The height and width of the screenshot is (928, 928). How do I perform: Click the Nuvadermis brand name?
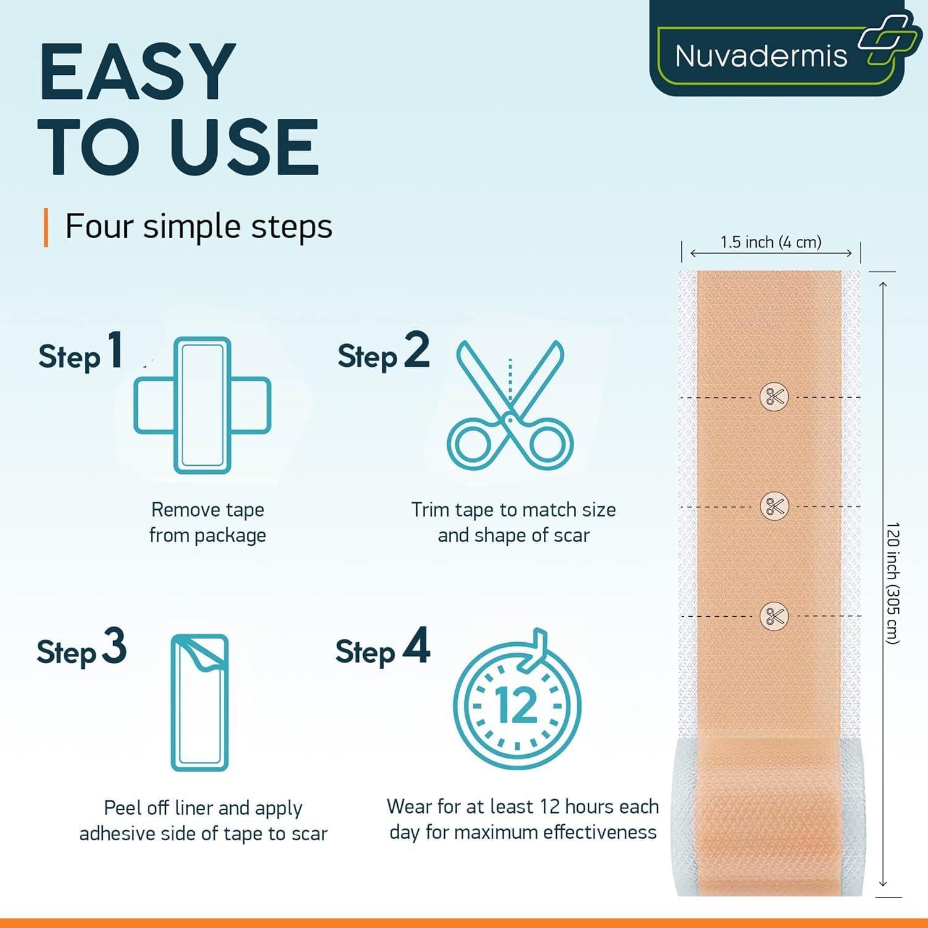[x=760, y=56]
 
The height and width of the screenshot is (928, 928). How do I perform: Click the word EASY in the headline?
[x=137, y=72]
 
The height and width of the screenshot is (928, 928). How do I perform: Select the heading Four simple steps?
[x=199, y=226]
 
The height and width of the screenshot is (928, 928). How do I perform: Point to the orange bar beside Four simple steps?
[x=46, y=227]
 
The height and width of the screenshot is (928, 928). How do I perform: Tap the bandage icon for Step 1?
[x=202, y=405]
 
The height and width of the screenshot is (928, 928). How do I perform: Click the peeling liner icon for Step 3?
[x=199, y=702]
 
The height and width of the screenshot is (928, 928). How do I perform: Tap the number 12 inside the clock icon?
[x=517, y=705]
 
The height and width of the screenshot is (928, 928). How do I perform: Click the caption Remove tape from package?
[x=208, y=522]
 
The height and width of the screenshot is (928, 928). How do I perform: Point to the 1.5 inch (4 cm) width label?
[x=771, y=242]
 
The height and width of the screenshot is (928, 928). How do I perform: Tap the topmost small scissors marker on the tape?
[x=774, y=397]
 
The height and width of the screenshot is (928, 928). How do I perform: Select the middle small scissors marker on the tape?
[x=774, y=506]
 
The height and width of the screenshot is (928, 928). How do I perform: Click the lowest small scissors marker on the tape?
[x=774, y=616]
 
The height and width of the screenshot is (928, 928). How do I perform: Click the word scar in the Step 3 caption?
[x=309, y=834]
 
